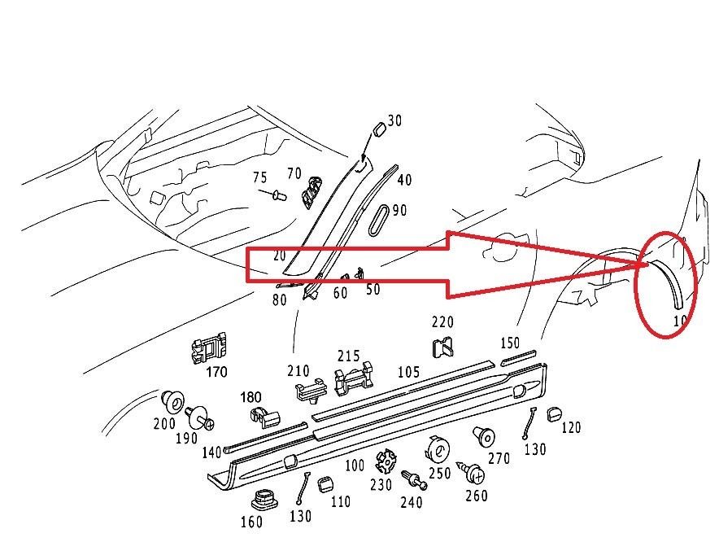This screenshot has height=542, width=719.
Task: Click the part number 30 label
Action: pyautogui.click(x=394, y=121)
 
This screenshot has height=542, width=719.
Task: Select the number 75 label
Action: pyautogui.click(x=259, y=178)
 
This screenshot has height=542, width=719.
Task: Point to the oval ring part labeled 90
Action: pyautogui.click(x=381, y=220)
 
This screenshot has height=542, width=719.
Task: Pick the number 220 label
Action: pyautogui.click(x=442, y=323)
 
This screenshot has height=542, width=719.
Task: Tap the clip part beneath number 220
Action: pyautogui.click(x=443, y=348)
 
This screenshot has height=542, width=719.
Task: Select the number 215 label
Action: pyautogui.click(x=348, y=356)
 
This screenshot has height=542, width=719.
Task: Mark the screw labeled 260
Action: pyautogui.click(x=473, y=471)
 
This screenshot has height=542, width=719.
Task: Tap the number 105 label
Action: pyautogui.click(x=408, y=373)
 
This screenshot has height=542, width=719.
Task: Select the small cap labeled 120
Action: pyautogui.click(x=556, y=413)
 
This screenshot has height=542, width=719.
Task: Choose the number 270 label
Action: pyautogui.click(x=499, y=459)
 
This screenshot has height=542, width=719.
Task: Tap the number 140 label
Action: pyautogui.click(x=211, y=452)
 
